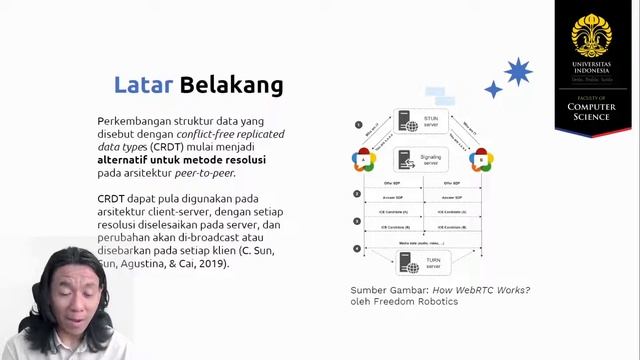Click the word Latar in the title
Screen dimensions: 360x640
[142, 85]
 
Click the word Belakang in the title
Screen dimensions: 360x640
[231, 85]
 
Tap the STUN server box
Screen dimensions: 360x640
[420, 123]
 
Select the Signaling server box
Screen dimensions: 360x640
[420, 160]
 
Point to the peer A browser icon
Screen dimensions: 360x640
[363, 160]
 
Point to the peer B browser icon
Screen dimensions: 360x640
[481, 159]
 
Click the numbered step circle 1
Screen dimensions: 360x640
[357, 125]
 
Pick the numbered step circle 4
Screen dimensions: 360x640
[357, 248]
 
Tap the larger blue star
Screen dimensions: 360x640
[518, 72]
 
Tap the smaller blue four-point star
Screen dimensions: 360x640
[493, 90]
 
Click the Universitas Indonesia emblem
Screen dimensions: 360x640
[598, 36]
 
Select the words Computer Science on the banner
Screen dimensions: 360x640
[598, 112]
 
